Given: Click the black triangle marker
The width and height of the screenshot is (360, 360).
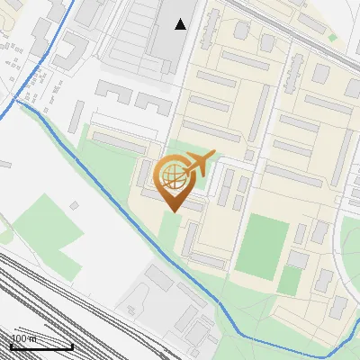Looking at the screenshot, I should [x=181, y=24].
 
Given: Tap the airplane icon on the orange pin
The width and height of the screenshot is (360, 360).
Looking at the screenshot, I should [x=199, y=165].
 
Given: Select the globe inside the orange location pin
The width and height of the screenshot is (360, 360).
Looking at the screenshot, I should [x=172, y=175].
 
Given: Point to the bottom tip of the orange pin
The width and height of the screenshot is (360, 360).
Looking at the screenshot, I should [x=173, y=211].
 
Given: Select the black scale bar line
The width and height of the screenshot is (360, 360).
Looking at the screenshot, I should [x=41, y=346].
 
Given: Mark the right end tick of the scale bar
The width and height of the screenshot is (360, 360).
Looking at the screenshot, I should [x=72, y=345].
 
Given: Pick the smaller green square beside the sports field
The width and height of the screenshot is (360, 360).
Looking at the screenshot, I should [x=290, y=280].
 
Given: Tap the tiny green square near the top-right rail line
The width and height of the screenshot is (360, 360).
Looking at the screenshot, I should [x=332, y=36].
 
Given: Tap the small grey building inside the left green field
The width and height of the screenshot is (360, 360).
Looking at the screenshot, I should [x=76, y=205].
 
